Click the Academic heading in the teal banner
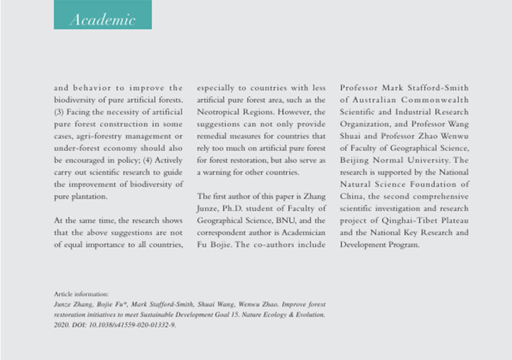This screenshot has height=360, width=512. click(102, 19)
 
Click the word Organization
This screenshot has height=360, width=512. click(365, 124)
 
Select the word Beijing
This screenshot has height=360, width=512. click(355, 161)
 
